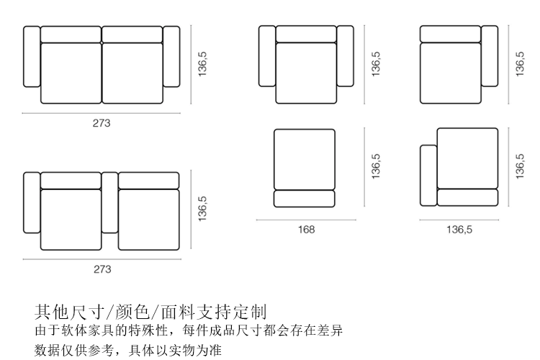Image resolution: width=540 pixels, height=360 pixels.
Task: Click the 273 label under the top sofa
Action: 102,123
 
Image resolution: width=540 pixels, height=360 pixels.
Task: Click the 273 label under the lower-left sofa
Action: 102,269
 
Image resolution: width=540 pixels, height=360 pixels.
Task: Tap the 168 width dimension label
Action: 307,230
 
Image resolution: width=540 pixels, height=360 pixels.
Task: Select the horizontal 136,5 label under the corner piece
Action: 459,230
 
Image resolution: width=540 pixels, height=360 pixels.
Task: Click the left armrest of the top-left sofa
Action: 32,57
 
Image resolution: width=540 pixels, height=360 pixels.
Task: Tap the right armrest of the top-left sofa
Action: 171,57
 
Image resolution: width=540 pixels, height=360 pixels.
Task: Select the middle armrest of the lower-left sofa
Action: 109,202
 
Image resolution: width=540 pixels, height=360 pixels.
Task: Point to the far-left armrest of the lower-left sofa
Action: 32,202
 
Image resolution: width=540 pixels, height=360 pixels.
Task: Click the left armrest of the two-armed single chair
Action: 267,57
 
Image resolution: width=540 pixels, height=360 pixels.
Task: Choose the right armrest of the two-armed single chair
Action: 345,57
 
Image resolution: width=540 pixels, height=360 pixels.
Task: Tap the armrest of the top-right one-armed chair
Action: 490,57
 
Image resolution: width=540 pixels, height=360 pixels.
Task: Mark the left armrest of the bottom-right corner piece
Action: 428,176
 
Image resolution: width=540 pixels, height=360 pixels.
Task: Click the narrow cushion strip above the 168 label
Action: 305,199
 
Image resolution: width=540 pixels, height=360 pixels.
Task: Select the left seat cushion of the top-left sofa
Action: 71,73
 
